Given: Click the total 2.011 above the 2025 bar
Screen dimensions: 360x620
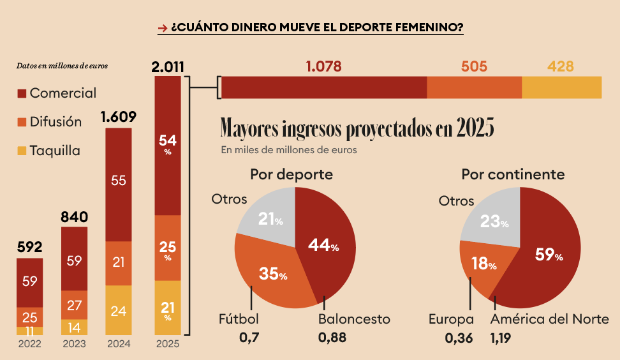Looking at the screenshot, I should (x=169, y=66).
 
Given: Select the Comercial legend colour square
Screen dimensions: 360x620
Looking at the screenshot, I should (x=21, y=93).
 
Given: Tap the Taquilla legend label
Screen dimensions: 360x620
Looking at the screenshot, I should (x=55, y=151).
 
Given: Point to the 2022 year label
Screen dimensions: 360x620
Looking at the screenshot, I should (x=29, y=343).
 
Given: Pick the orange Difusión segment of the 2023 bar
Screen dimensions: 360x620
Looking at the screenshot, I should (x=74, y=304).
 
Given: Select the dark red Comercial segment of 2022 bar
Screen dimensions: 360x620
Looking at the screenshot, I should (x=29, y=282).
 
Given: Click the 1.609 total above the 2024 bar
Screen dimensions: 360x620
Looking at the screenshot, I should (x=119, y=117).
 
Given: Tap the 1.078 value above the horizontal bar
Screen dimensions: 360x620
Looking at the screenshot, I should (x=323, y=66).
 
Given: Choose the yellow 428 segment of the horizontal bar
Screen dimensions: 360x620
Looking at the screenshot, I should (x=561, y=87).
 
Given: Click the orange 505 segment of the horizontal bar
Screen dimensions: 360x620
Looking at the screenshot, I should (x=474, y=87).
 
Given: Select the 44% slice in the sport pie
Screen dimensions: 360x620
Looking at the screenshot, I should (x=325, y=246).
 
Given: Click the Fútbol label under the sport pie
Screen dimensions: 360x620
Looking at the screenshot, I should (x=239, y=319).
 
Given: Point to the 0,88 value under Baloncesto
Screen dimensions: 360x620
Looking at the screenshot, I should (x=332, y=338).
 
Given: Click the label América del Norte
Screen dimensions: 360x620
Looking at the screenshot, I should (x=549, y=319).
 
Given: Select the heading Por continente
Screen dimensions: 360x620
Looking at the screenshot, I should (x=513, y=174).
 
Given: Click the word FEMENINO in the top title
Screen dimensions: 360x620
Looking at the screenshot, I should (x=431, y=27).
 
